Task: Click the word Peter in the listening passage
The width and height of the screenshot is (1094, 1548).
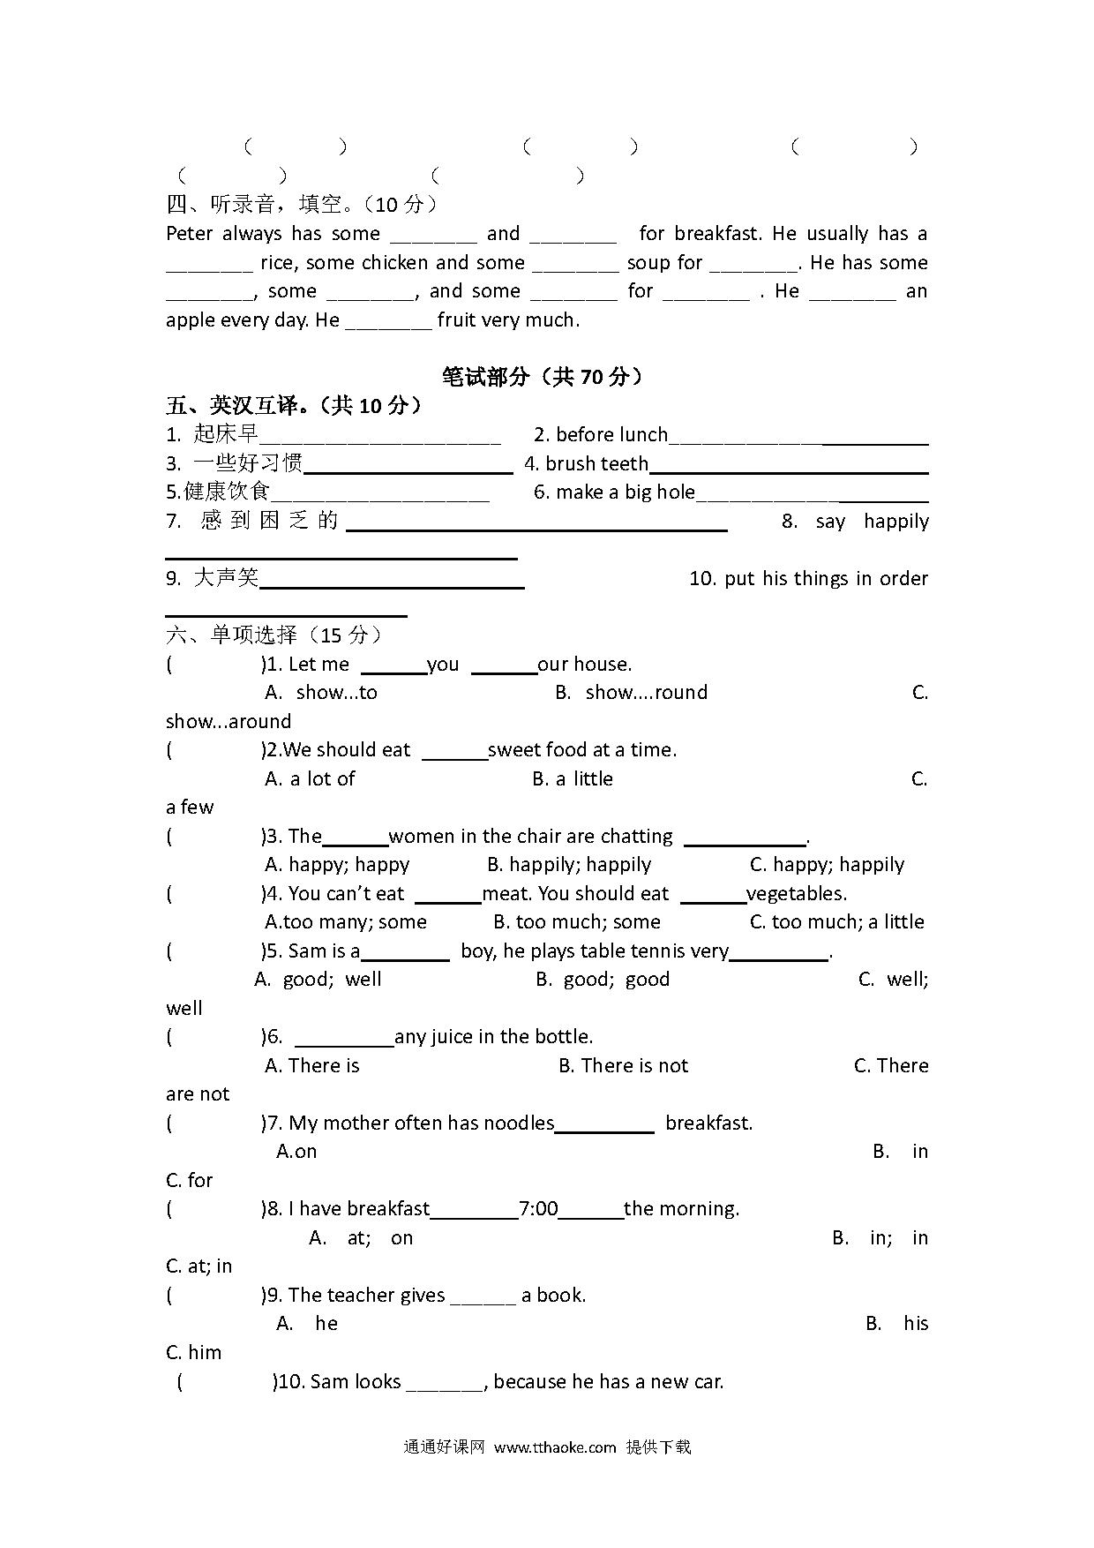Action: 189,234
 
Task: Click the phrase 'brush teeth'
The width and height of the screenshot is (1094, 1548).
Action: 596,463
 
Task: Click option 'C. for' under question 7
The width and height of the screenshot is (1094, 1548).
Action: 190,1181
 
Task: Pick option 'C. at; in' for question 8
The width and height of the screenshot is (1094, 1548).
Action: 199,1266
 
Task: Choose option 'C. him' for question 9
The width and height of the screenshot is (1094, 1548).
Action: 194,1353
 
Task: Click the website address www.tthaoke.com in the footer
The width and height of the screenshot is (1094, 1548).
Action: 554,1447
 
